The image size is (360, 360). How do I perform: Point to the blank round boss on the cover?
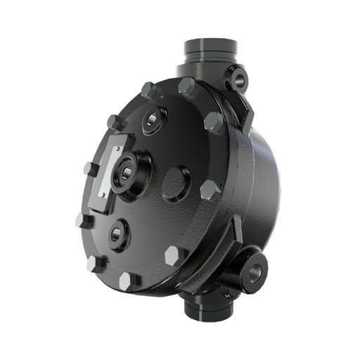click(x=176, y=184)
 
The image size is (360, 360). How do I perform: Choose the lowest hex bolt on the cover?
click(x=127, y=281)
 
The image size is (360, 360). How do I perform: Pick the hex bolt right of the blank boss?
click(x=210, y=191)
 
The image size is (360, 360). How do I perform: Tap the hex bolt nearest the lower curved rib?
click(x=176, y=255)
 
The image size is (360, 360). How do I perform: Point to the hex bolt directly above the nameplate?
click(x=115, y=122)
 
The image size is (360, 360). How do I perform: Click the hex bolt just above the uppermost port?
click(x=148, y=90)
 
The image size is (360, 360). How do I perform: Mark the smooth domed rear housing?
click(x=271, y=183)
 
